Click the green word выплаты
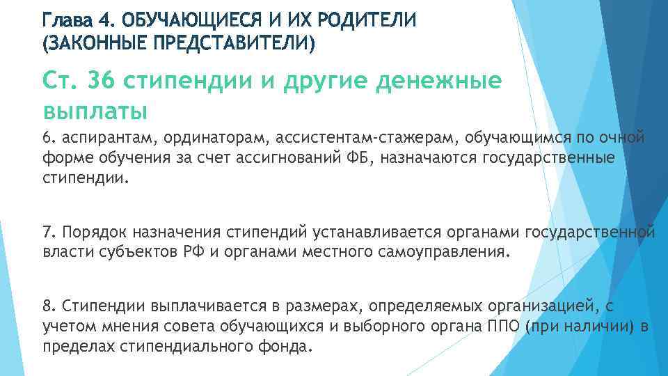click(95, 110)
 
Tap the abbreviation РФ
click(192, 251)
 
